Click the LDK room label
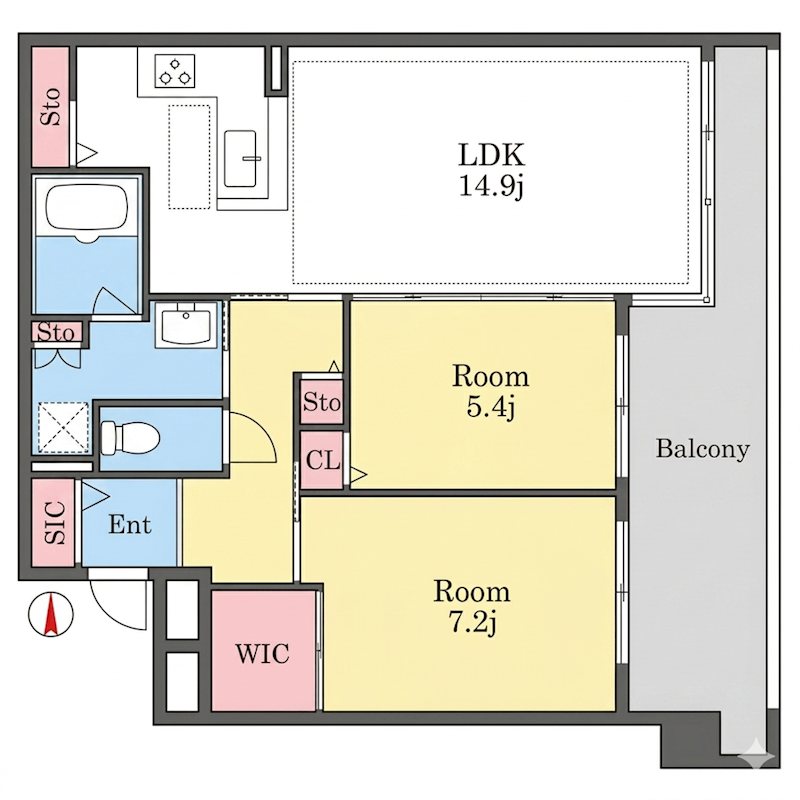[491, 155]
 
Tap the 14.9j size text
[491, 186]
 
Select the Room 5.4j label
[490, 391]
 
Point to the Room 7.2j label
[471, 606]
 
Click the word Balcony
[703, 449]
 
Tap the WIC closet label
[262, 653]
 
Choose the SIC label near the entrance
[55, 522]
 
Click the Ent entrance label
[130, 525]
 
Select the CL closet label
[322, 461]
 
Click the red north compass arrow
[51, 614]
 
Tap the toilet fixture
[130, 438]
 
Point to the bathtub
[86, 211]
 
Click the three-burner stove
[174, 71]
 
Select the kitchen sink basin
[240, 159]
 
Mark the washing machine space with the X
[63, 427]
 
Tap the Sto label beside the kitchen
[51, 107]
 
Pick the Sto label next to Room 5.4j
[321, 402]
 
